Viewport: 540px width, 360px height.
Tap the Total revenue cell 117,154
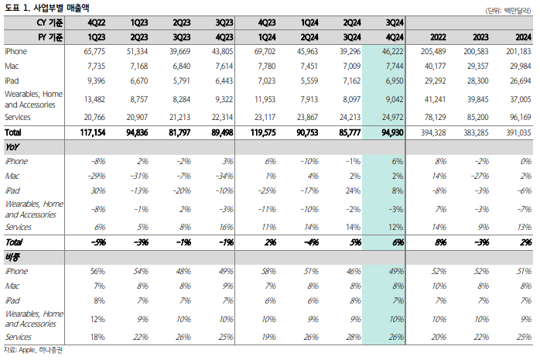(x=90, y=132)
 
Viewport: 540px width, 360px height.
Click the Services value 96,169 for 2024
(x=516, y=116)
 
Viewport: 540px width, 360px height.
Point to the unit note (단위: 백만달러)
(x=510, y=9)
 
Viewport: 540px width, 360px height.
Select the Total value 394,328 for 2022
(x=431, y=132)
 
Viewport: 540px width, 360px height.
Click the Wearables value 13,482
(x=94, y=99)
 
